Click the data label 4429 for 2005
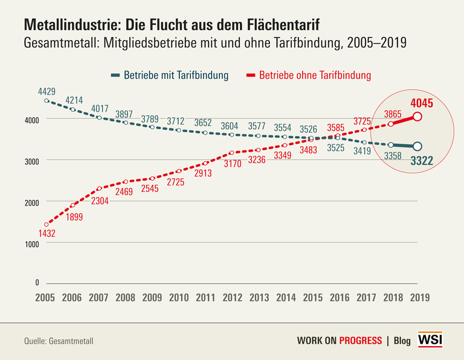47,92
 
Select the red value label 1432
47,233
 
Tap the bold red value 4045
422,103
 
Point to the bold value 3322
422,161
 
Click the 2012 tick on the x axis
233,298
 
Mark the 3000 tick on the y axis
31,161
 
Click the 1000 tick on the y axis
31,243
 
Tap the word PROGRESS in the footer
360,340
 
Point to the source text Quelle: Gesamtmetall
59,341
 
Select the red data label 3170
232,163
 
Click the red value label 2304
100,201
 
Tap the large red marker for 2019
417,117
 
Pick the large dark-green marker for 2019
417,146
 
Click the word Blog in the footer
402,341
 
